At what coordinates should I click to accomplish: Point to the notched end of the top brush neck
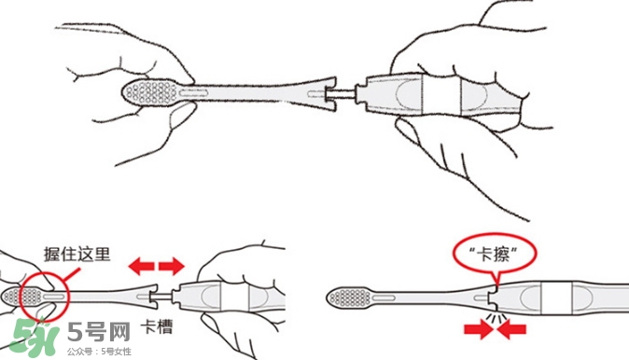click(323, 91)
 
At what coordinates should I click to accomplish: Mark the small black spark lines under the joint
click(496, 318)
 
